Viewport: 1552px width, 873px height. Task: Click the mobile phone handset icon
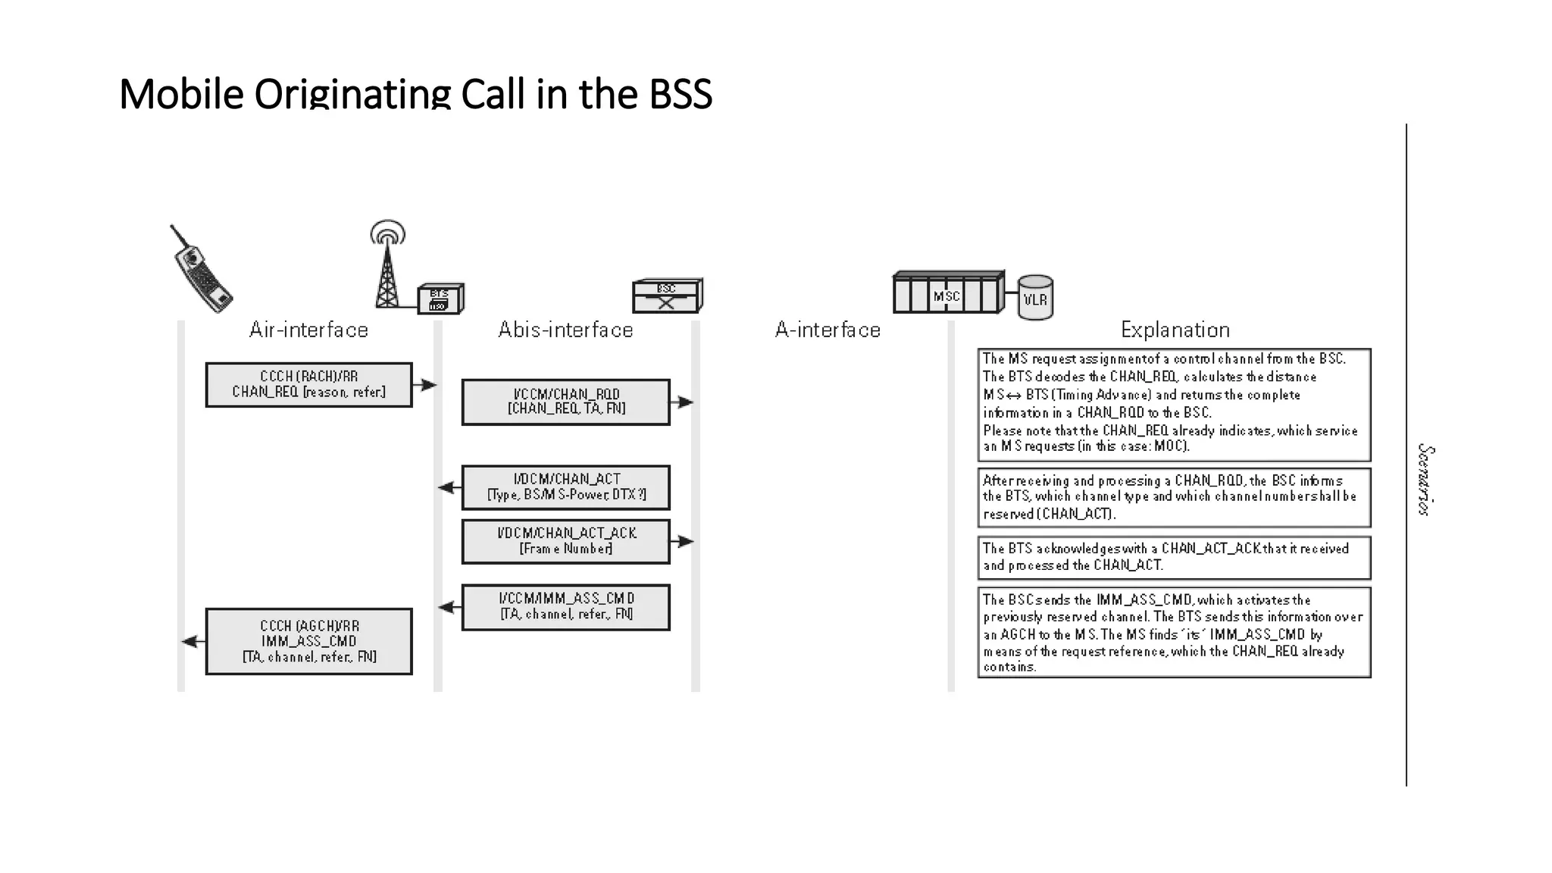tap(201, 269)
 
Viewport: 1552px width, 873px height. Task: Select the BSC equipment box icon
tap(667, 296)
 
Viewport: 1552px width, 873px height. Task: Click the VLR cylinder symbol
tap(1035, 298)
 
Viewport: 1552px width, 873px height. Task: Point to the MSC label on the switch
tap(947, 296)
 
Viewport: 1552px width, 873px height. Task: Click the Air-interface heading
tap(308, 330)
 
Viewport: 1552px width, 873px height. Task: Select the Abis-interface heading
tap(565, 330)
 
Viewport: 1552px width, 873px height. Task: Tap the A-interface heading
tap(828, 330)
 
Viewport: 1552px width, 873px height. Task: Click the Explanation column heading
tap(1175, 330)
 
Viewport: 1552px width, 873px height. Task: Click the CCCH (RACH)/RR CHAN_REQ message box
tap(308, 384)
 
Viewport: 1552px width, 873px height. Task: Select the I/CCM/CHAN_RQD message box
tap(565, 402)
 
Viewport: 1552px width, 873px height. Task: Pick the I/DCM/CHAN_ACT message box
tap(565, 487)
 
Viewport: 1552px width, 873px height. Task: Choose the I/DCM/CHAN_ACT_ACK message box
tap(565, 541)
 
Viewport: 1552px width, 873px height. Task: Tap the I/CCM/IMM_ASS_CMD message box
tap(565, 606)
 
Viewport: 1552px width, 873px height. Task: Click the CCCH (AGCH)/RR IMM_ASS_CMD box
tap(308, 641)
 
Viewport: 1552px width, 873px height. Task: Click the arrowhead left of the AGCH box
tap(190, 641)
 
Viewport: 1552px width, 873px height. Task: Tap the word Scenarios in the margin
tap(1425, 480)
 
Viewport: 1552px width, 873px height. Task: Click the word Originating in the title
tap(352, 94)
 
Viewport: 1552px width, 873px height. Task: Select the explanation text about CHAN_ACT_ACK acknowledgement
tap(1173, 557)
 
